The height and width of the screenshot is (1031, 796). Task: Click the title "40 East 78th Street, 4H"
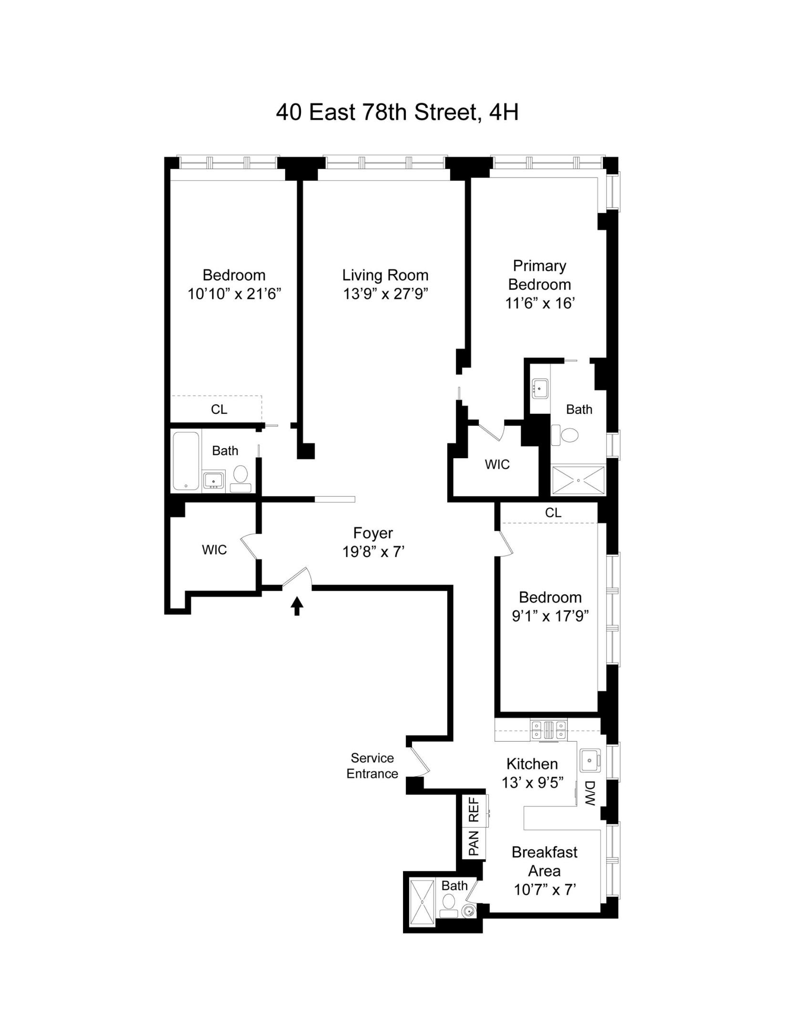click(x=397, y=113)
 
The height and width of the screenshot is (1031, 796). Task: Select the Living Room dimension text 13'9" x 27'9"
click(x=385, y=294)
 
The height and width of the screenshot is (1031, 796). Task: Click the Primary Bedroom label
click(x=539, y=275)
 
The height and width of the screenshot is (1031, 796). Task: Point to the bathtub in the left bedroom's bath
click(x=186, y=461)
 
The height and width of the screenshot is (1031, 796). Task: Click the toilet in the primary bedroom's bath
click(x=566, y=435)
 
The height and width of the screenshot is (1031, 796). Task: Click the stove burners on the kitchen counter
click(x=548, y=730)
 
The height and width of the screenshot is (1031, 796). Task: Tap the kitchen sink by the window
click(x=590, y=760)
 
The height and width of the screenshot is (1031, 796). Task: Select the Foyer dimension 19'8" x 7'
click(x=373, y=552)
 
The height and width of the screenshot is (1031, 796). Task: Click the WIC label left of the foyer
click(x=214, y=550)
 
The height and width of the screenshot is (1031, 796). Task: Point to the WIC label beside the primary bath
click(x=497, y=464)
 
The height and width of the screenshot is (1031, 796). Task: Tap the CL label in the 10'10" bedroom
click(x=219, y=409)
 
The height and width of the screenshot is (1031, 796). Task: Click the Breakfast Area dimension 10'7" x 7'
click(x=545, y=890)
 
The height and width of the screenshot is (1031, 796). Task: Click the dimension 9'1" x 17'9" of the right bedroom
click(x=550, y=616)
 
